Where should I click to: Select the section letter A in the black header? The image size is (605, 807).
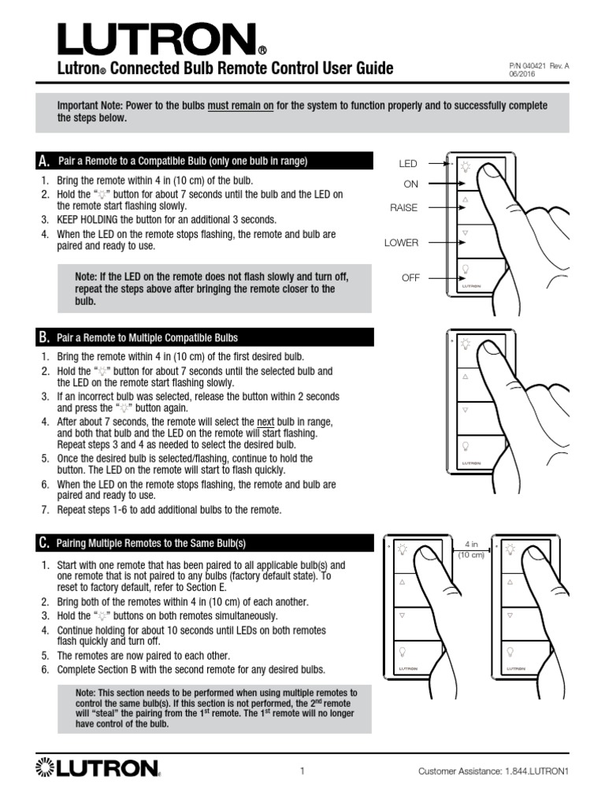(43, 162)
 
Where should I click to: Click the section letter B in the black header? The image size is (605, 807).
(43, 338)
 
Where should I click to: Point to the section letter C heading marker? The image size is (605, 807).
(43, 543)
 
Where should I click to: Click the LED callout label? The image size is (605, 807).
(408, 164)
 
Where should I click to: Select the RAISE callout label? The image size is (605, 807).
(403, 208)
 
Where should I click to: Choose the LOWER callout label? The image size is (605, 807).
(401, 243)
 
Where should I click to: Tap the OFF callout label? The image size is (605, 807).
(410, 278)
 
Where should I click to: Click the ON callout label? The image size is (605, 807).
(410, 184)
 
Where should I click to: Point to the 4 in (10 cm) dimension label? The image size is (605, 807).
(471, 549)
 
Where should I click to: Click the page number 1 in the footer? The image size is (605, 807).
(302, 772)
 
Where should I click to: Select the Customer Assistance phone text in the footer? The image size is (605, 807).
(493, 772)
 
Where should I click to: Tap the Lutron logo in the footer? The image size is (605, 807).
(98, 768)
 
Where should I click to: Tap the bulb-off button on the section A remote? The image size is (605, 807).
(466, 269)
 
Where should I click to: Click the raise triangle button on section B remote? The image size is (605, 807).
(466, 377)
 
